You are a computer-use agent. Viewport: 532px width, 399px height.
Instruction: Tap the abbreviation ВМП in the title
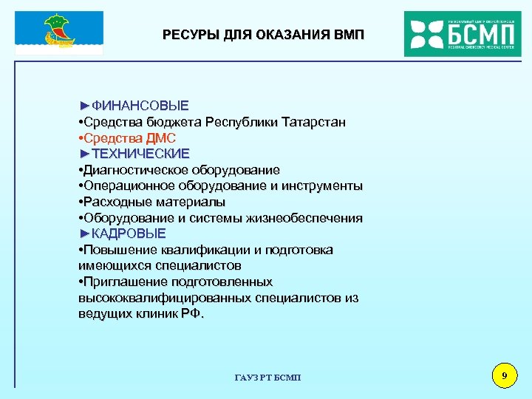(x=347, y=35)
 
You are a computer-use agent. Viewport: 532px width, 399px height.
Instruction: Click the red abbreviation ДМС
(x=160, y=137)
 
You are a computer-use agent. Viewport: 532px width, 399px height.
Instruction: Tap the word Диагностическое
(x=130, y=170)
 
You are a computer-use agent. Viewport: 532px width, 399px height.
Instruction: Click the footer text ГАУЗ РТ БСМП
(x=267, y=378)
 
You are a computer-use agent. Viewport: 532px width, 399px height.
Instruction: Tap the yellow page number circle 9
(x=504, y=378)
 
